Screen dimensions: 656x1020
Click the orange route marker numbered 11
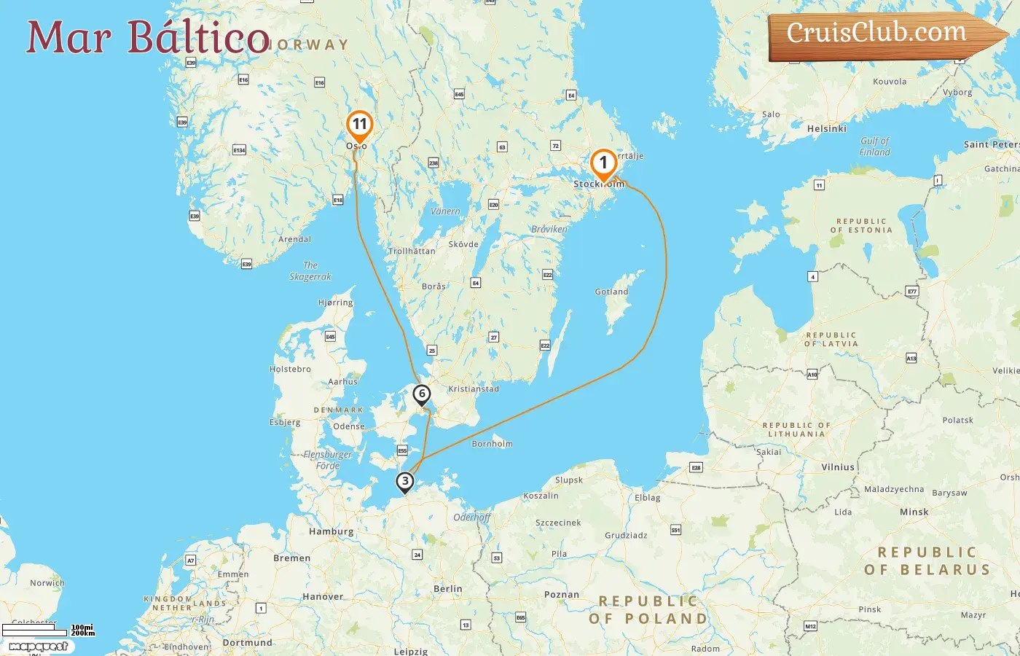pos(359,125)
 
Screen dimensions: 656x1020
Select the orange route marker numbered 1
pos(603,163)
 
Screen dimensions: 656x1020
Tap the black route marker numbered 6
pos(421,394)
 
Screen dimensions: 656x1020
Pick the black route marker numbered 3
pos(404,481)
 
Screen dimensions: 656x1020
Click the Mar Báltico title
pos(148,37)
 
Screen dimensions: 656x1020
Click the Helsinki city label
pos(827,128)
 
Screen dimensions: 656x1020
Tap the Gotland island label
pos(611,292)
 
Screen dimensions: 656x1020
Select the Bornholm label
pos(493,443)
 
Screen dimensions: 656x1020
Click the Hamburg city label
pos(331,531)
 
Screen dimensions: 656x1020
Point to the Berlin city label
pos(447,588)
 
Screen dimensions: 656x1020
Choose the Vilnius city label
pos(838,466)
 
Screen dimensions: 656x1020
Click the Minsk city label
pos(914,512)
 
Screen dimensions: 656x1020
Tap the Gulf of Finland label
pos(874,147)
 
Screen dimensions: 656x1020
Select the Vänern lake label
pos(445,211)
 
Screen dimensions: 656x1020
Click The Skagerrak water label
pos(310,271)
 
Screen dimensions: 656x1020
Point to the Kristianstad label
pos(474,388)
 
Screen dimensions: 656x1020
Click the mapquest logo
pos(38,646)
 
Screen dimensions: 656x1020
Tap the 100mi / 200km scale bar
pos(48,630)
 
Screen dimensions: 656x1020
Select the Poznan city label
pos(562,594)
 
